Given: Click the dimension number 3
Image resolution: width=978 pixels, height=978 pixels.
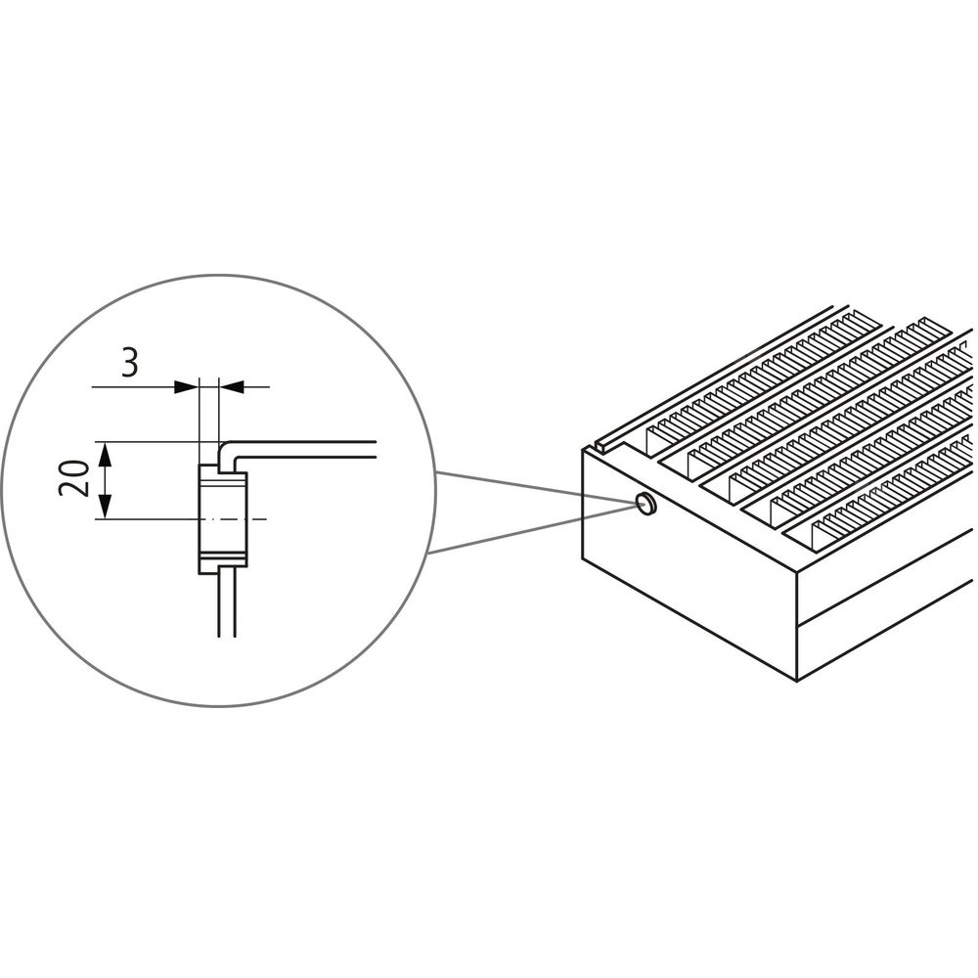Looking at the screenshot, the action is tap(129, 363).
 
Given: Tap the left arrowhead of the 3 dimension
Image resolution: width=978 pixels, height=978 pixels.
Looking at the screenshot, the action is tap(187, 386).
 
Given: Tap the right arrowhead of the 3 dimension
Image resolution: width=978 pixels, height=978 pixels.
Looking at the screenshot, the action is tap(232, 386).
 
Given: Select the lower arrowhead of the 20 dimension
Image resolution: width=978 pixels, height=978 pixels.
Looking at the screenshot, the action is tap(105, 507).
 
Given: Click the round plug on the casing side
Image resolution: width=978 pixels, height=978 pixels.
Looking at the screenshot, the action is tap(645, 502).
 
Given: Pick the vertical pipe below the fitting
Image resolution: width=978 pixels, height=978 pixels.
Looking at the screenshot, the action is tap(227, 601).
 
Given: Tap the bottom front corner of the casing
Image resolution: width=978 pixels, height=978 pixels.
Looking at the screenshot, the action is tap(798, 681).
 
